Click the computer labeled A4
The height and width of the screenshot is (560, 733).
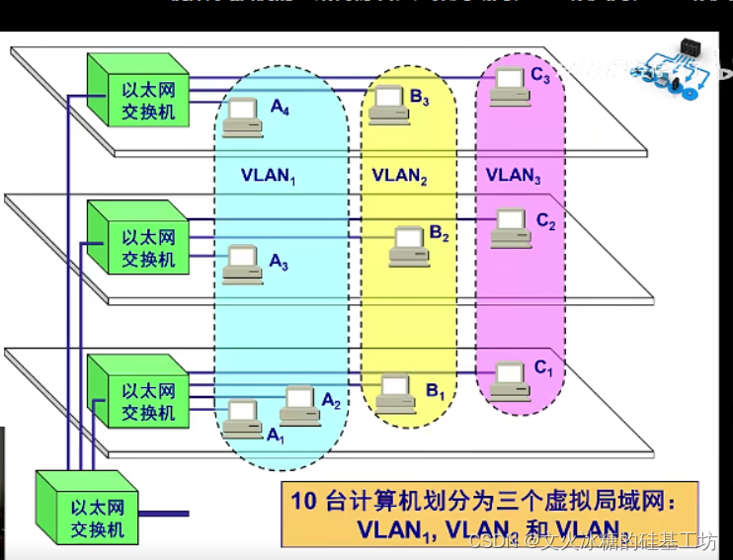pyautogui.click(x=240, y=120)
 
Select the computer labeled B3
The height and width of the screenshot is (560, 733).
pyautogui.click(x=388, y=105)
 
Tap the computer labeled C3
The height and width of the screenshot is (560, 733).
pyautogui.click(x=510, y=85)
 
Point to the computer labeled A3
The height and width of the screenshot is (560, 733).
pyautogui.click(x=241, y=264)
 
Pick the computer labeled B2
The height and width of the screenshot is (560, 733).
pyautogui.click(x=408, y=246)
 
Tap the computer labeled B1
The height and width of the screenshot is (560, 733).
pyautogui.click(x=395, y=392)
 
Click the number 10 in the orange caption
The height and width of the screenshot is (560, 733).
pyautogui.click(x=303, y=500)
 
